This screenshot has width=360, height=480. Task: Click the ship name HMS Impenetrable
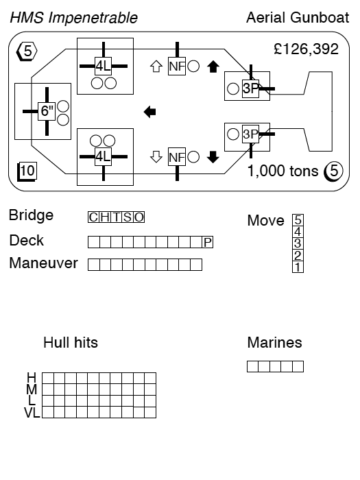[74, 18]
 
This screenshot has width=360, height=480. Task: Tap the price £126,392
[306, 49]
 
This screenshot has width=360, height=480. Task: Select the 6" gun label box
[47, 111]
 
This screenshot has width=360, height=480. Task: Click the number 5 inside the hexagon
[27, 51]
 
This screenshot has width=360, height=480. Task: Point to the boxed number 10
[27, 171]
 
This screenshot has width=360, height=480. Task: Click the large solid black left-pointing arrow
[149, 112]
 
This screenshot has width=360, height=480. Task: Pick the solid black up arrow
[213, 67]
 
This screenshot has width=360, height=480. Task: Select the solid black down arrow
[213, 157]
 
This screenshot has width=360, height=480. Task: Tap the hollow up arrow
[156, 67]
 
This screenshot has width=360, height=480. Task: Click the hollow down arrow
[156, 157]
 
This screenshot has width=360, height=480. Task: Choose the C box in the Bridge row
[93, 217]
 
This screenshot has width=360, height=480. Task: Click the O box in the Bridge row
[139, 217]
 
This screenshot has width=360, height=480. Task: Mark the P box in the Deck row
[208, 243]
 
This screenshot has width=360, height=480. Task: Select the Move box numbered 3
[298, 243]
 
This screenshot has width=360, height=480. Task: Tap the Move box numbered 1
[298, 267]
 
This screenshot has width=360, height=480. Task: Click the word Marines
[274, 343]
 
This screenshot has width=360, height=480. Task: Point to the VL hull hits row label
[32, 413]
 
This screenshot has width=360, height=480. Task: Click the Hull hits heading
[71, 343]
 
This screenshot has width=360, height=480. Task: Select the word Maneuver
[43, 263]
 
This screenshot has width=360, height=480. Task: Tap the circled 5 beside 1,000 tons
[334, 171]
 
